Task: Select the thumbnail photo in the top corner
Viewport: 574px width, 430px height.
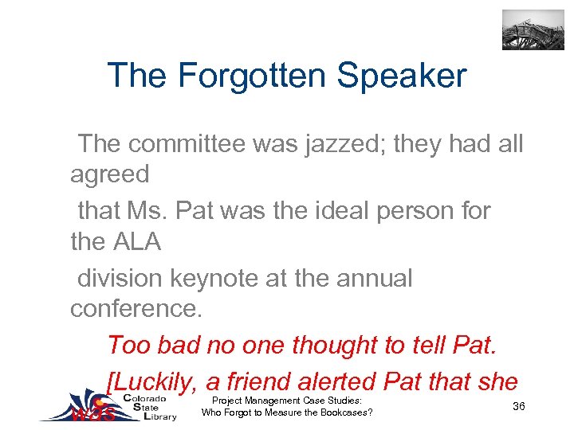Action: pos(533,30)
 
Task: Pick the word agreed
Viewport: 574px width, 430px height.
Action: pos(110,174)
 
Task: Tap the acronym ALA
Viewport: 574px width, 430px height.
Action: pos(140,241)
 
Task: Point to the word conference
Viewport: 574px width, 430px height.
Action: pos(136,308)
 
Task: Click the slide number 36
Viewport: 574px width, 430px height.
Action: pos(519,407)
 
